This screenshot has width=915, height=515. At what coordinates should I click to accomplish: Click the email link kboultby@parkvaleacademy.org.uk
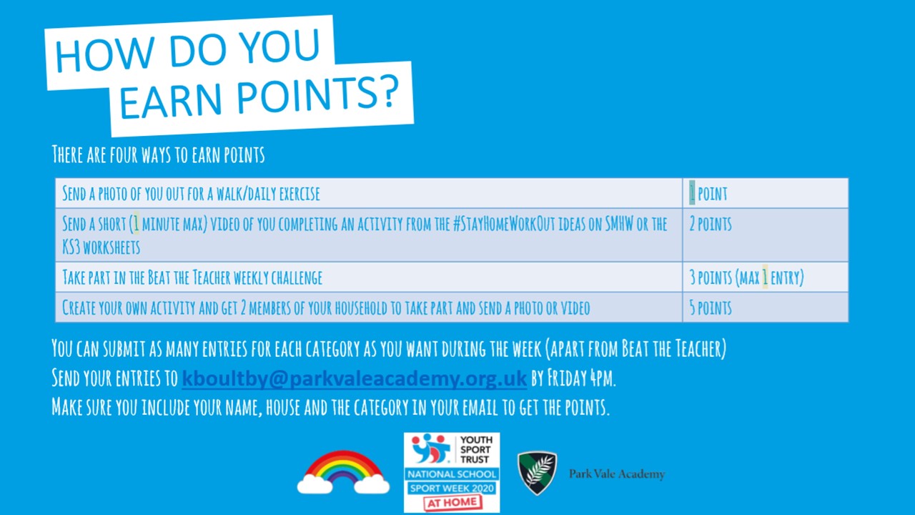[354, 378]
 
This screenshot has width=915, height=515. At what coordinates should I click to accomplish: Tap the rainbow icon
[343, 471]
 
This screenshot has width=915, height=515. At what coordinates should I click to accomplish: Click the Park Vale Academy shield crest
[537, 473]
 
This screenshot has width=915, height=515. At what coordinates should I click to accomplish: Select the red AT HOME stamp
[452, 503]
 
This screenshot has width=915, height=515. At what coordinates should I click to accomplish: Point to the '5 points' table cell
[766, 308]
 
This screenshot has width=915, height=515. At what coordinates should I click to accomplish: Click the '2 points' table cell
[766, 235]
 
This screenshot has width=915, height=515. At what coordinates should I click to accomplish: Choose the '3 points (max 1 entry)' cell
[766, 277]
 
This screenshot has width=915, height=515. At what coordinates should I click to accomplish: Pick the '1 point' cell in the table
[766, 193]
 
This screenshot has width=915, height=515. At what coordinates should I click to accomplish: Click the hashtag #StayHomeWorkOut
[504, 224]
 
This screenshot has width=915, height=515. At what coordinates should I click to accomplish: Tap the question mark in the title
[385, 92]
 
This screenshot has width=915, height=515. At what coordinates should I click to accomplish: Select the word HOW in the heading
[105, 54]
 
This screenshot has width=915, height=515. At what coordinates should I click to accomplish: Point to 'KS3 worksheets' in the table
[102, 247]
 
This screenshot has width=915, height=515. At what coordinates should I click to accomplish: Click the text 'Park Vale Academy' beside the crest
[617, 474]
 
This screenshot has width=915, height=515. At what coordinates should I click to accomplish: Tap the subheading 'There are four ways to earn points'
[159, 154]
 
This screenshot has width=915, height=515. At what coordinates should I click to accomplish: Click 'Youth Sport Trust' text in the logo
[475, 450]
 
